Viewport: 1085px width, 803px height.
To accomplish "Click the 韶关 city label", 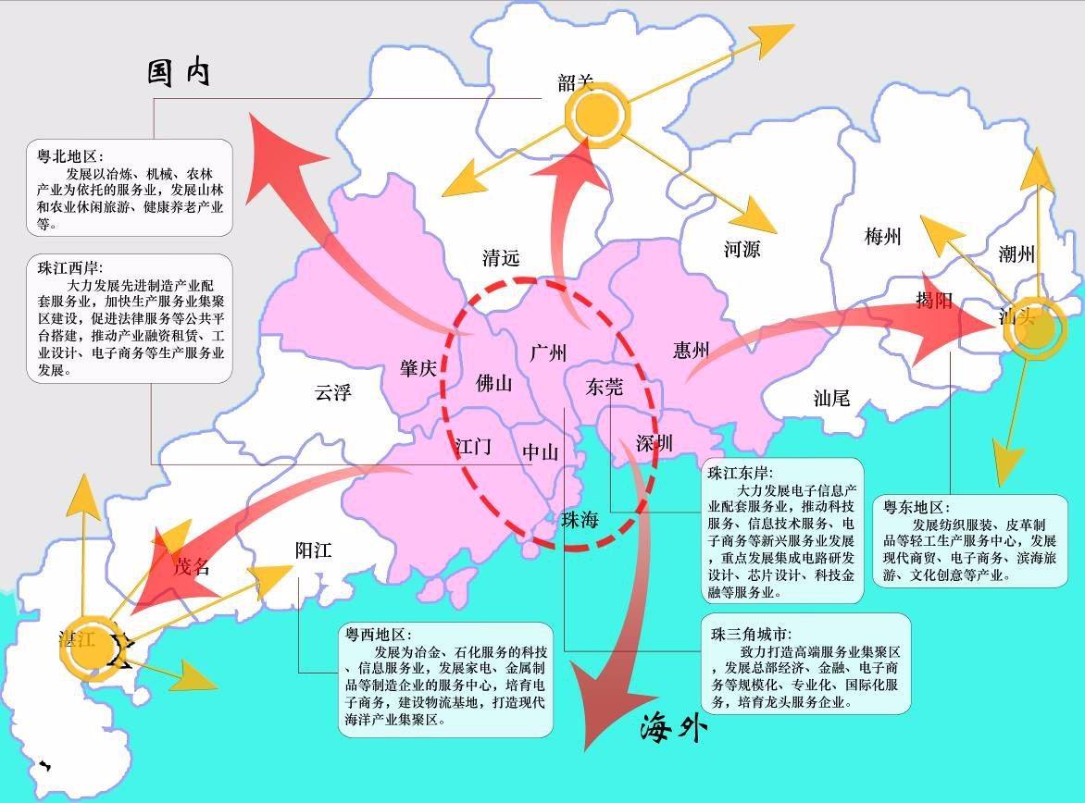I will pos(575,82).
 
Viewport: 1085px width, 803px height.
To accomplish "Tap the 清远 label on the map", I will pos(501,258).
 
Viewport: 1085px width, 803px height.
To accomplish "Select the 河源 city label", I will pos(742,249).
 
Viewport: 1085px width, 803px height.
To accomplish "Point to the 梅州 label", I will pos(882,237).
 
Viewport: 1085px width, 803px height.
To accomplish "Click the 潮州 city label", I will pos(1016,253).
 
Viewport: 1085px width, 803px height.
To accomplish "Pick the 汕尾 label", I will pos(831,398).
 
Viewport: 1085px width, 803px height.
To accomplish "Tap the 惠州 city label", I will pos(691,350).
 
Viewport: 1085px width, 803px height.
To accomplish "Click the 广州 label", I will pos(548,352).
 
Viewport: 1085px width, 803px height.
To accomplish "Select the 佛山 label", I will pos(493,383).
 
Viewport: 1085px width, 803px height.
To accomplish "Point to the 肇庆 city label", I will pos(418,368).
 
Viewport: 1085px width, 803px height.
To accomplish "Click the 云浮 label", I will pos(333,392).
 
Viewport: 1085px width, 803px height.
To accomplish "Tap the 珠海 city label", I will pos(580,520).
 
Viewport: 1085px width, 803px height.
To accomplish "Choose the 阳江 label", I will pos(313,550).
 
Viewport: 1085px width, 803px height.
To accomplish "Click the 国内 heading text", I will pos(180,72).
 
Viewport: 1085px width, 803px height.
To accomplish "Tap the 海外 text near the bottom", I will pos(673,729).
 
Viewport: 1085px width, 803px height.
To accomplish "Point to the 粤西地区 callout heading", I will pos(377,635).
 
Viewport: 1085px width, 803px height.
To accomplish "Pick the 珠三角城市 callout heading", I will pos(751,635).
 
